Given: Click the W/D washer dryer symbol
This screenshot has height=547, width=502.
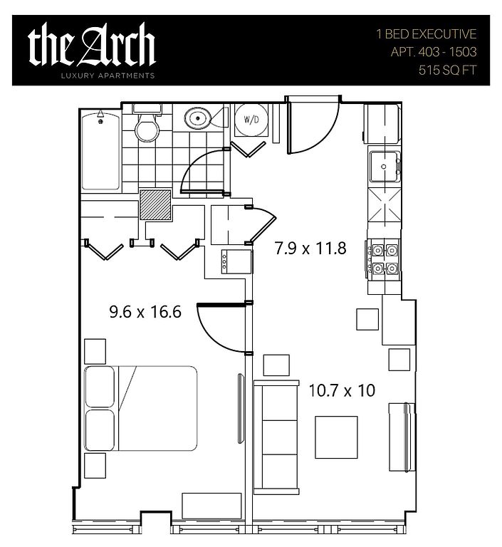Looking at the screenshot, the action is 251,120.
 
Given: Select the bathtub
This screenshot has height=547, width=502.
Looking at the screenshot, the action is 101,150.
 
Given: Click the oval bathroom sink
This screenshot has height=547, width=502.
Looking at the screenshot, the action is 198,118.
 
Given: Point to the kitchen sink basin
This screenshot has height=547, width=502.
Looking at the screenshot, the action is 384,167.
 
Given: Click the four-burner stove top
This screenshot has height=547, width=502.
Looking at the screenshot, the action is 384,259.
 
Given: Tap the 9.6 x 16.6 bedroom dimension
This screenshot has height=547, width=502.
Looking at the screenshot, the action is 145,311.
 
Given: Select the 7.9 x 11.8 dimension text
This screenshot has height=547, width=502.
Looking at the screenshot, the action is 310,249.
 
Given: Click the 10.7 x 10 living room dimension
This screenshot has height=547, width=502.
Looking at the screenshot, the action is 342,390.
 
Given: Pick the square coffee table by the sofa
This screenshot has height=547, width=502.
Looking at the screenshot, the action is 336,437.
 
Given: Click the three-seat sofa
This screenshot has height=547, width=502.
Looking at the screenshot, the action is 276,437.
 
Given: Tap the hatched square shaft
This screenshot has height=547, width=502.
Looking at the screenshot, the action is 156,205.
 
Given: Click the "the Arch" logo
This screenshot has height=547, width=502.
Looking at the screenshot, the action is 91,45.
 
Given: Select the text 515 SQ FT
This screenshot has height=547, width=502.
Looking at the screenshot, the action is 447,70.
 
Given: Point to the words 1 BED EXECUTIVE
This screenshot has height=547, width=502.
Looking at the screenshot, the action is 426,34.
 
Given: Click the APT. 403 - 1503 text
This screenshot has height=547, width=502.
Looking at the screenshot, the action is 433,52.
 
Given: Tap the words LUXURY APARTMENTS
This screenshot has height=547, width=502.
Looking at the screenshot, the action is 108,75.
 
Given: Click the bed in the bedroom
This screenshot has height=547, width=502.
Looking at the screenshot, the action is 141,408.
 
